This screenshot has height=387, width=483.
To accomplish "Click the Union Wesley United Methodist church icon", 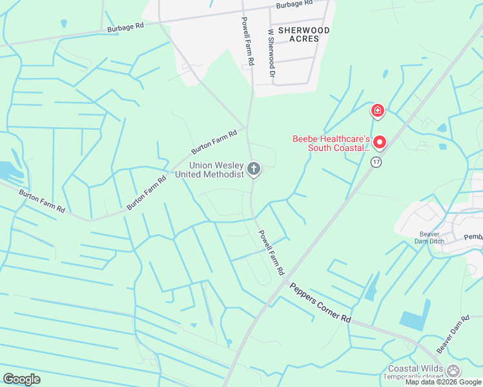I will pyautogui.click(x=254, y=170).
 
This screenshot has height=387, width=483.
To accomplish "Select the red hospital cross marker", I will pyautogui.click(x=377, y=111).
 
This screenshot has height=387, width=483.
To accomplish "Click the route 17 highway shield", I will pyautogui.click(x=375, y=162).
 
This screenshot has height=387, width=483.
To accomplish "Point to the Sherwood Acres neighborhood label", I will pyautogui.click(x=299, y=34).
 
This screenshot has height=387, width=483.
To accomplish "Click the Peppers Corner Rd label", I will pyautogui.click(x=320, y=303).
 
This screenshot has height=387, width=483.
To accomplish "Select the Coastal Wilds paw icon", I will pyautogui.click(x=454, y=370).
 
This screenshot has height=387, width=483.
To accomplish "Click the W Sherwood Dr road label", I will pyautogui.click(x=271, y=53).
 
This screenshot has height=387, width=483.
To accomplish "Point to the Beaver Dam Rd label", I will pyautogui.click(x=453, y=334).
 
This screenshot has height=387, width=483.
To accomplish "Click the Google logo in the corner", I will pyautogui.click(x=21, y=379).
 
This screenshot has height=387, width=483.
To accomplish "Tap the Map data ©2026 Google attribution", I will pyautogui.click(x=444, y=382).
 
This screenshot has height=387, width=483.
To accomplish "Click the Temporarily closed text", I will pyautogui.click(x=414, y=377).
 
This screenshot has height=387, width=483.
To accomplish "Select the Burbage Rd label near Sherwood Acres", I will pyautogui.click(x=294, y=4).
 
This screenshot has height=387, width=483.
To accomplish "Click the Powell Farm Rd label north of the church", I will pyautogui.click(x=247, y=41).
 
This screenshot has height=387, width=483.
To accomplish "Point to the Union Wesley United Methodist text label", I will pyautogui.click(x=216, y=170).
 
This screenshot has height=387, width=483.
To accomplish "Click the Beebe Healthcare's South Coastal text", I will pyautogui.click(x=331, y=143).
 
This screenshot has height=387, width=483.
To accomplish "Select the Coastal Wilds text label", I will pyautogui.click(x=414, y=368).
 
